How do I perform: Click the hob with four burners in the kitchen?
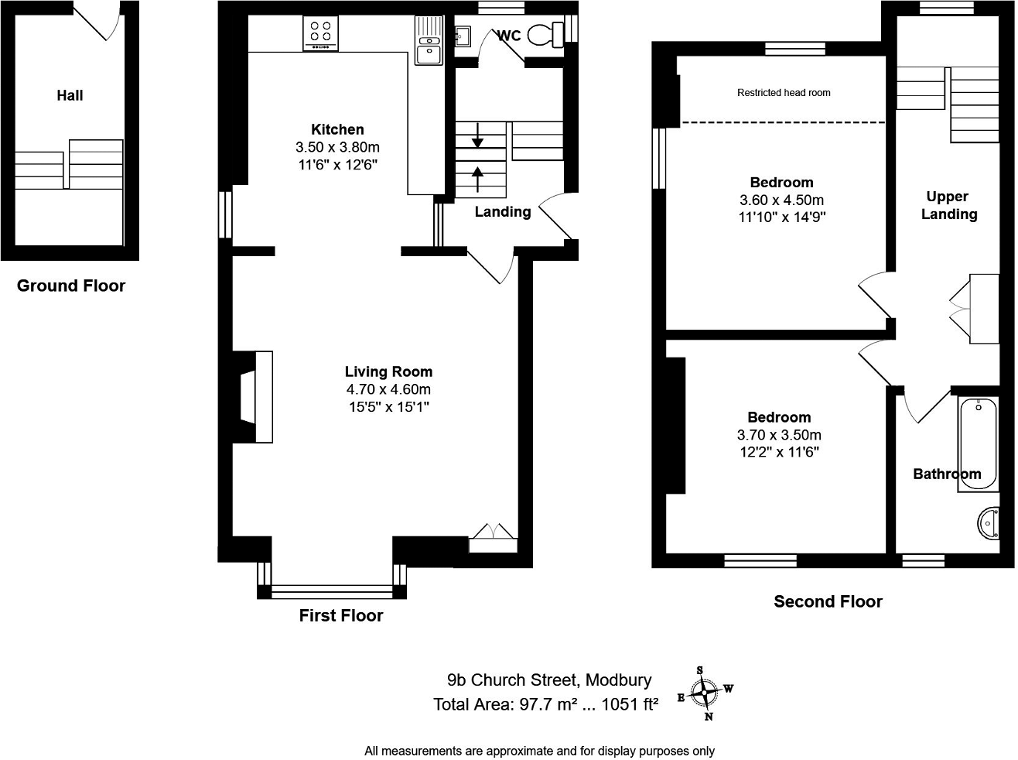pos(320,33)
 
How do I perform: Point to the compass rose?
pos(705,692)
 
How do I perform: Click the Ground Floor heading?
pos(71,286)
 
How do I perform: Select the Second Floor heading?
pos(828,601)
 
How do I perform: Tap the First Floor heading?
pos(341,615)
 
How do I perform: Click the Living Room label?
pos(388,371)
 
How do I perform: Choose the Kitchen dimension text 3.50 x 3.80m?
pos(337,147)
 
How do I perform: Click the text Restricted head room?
pos(784,93)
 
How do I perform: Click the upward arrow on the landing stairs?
pos(477,179)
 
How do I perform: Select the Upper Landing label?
pos(948,205)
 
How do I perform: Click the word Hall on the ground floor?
pos(70,95)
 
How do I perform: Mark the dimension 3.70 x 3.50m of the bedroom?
pos(779,435)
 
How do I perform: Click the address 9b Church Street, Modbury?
pos(549,680)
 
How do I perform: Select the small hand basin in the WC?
pos(463,35)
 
